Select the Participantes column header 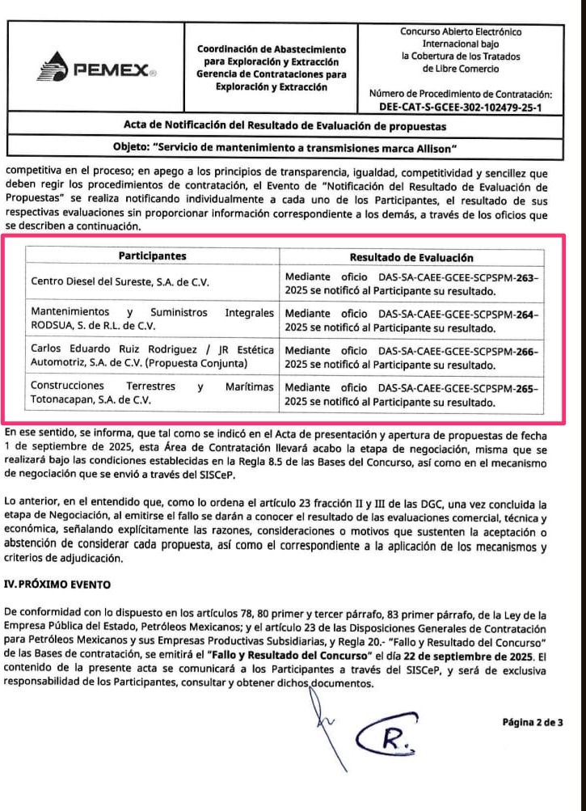(152, 256)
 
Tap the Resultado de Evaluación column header (410, 257)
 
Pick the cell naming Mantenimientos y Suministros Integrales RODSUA (152, 319)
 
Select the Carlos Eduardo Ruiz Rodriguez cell (152, 357)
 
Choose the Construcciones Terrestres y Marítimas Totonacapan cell (152, 393)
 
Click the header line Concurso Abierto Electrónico (461, 32)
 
